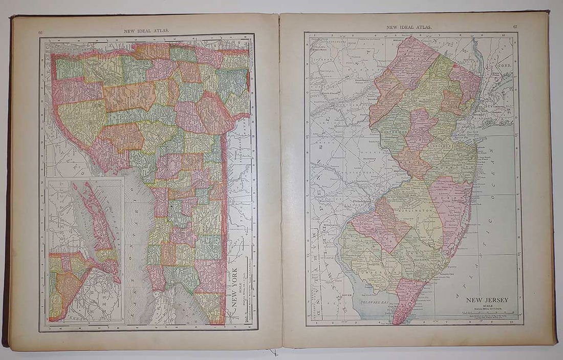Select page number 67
tap(514, 27)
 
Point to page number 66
tap(41, 32)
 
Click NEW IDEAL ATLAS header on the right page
tap(409, 27)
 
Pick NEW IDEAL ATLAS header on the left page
tap(146, 30)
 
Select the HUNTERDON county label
tap(394, 132)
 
